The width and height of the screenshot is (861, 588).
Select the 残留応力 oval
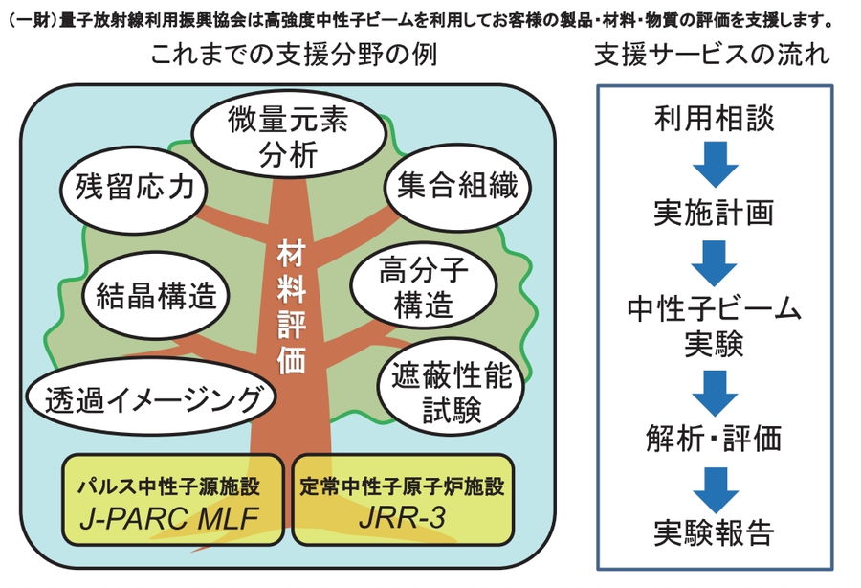coord(133,188)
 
